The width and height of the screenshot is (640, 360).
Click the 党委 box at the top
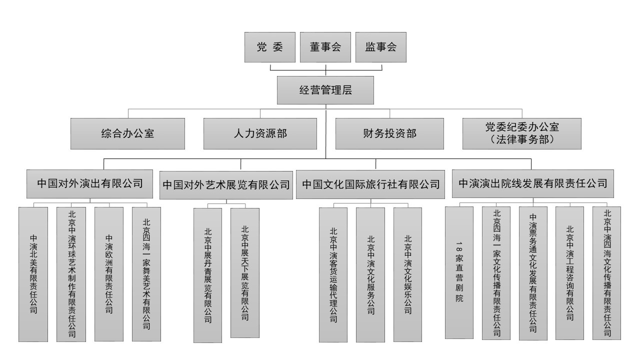(269, 47)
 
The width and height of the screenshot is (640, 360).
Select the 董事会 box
(325, 47)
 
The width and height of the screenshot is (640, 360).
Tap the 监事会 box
(380, 47)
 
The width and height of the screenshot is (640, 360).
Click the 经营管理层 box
(325, 90)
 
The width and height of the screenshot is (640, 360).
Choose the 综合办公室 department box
(127, 133)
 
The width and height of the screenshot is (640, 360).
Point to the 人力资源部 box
(260, 133)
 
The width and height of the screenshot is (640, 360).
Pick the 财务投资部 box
(389, 133)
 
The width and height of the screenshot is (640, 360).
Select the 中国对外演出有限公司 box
(90, 183)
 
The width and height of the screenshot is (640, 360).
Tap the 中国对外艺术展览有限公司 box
(226, 184)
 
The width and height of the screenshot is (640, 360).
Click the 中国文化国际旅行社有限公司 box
(371, 184)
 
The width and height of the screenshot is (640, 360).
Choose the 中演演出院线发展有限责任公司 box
(532, 183)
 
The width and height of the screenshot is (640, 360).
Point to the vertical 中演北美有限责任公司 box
(33, 274)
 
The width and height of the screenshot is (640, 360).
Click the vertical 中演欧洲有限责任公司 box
(109, 274)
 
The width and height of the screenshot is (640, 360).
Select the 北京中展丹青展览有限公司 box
(207, 275)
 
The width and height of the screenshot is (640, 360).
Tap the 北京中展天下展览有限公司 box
(245, 273)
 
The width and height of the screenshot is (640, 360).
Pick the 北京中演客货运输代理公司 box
(333, 275)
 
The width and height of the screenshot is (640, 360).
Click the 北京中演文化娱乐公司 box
(408, 275)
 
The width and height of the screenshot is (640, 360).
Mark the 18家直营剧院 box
(459, 273)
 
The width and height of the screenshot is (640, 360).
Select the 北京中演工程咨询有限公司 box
(569, 273)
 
